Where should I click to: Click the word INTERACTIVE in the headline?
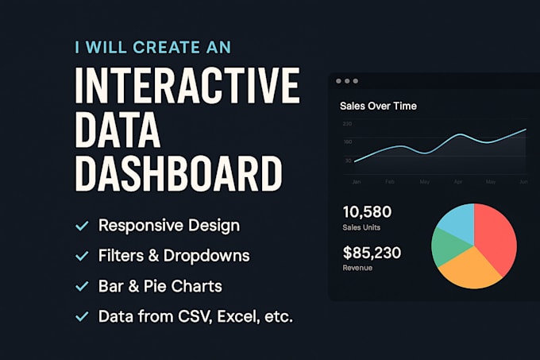tap(187, 84)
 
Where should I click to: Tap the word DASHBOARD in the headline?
tap(178, 172)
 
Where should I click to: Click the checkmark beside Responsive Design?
tap(81, 226)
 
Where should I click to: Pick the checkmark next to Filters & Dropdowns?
tap(81, 257)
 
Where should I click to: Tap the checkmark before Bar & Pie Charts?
tap(81, 286)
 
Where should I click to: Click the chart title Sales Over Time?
tap(378, 106)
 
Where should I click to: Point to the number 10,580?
tap(367, 212)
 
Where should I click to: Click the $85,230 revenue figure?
tap(372, 254)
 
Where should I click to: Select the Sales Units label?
tap(361, 228)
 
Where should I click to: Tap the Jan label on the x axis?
tap(357, 182)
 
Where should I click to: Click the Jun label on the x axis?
tap(523, 182)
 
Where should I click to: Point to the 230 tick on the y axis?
tap(347, 124)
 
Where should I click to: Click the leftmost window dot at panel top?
tap(339, 81)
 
